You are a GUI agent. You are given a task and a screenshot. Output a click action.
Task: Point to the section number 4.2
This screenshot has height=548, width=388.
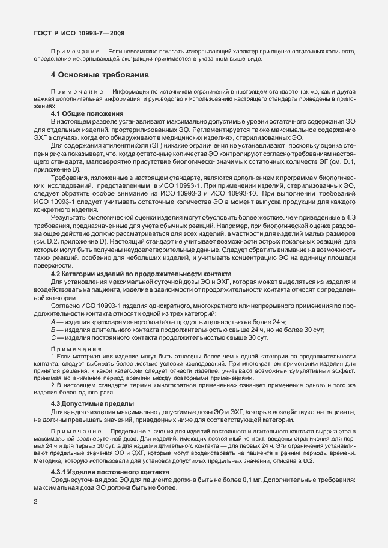coord(57,274)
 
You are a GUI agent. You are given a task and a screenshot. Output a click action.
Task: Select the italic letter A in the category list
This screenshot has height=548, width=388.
coord(53,322)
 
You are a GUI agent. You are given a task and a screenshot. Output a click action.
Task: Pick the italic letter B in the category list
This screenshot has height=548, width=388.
coord(53,330)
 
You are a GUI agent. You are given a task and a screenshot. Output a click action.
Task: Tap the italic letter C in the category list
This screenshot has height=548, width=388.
coord(53,338)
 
